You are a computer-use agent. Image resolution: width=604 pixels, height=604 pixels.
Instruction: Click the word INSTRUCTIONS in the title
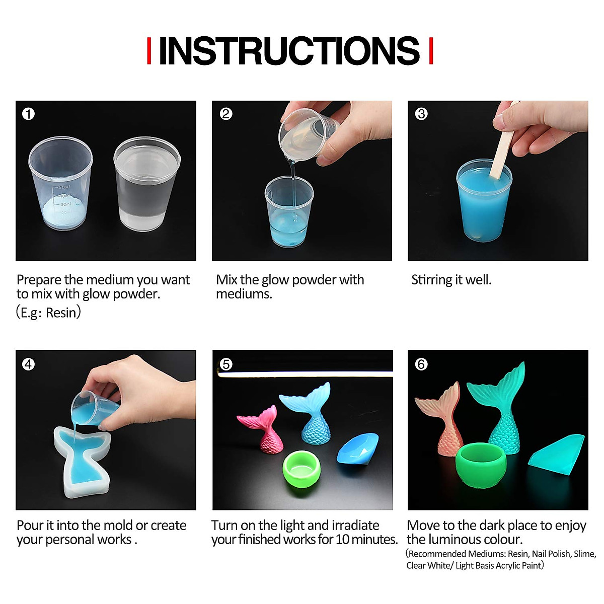[x=289, y=50]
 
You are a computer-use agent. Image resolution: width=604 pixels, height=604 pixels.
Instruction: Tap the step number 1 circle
[x=28, y=114]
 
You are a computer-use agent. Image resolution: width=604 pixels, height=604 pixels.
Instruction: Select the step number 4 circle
[x=28, y=364]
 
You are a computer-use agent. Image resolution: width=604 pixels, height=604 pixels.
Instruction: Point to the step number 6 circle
[x=421, y=364]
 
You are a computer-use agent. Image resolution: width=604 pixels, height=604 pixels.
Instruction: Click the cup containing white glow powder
[x=61, y=183]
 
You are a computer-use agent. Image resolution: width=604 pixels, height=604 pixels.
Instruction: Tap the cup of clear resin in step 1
[x=147, y=184]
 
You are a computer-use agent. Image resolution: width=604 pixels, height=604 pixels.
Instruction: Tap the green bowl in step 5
[x=301, y=469]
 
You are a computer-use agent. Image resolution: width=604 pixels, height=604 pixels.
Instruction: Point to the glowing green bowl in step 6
[x=481, y=465]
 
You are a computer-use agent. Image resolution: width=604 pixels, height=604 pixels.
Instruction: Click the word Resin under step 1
[x=61, y=313]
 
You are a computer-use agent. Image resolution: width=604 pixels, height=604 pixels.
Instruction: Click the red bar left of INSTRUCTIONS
[x=149, y=51]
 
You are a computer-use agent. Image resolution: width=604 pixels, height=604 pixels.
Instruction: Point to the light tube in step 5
[x=305, y=373]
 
